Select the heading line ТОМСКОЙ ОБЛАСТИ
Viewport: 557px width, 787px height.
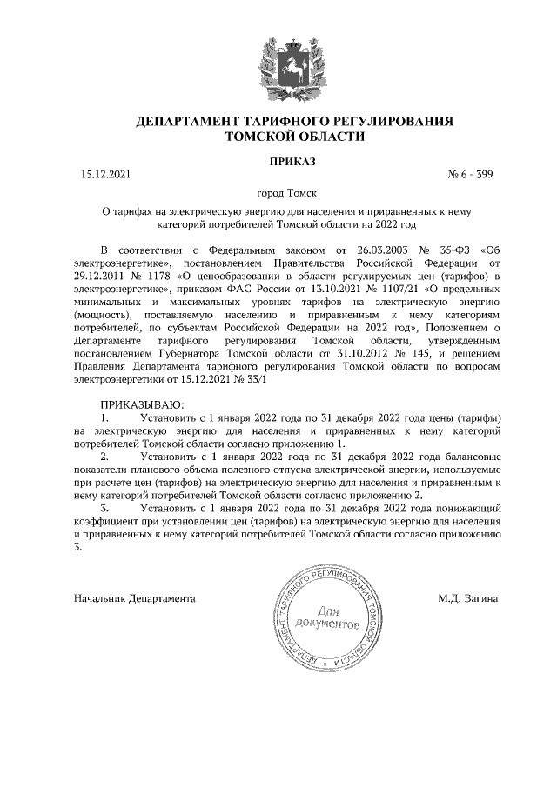click(x=278, y=137)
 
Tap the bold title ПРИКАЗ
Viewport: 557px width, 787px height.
click(x=278, y=161)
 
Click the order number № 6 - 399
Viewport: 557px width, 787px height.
click(x=469, y=175)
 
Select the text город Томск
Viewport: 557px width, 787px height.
click(x=278, y=195)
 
